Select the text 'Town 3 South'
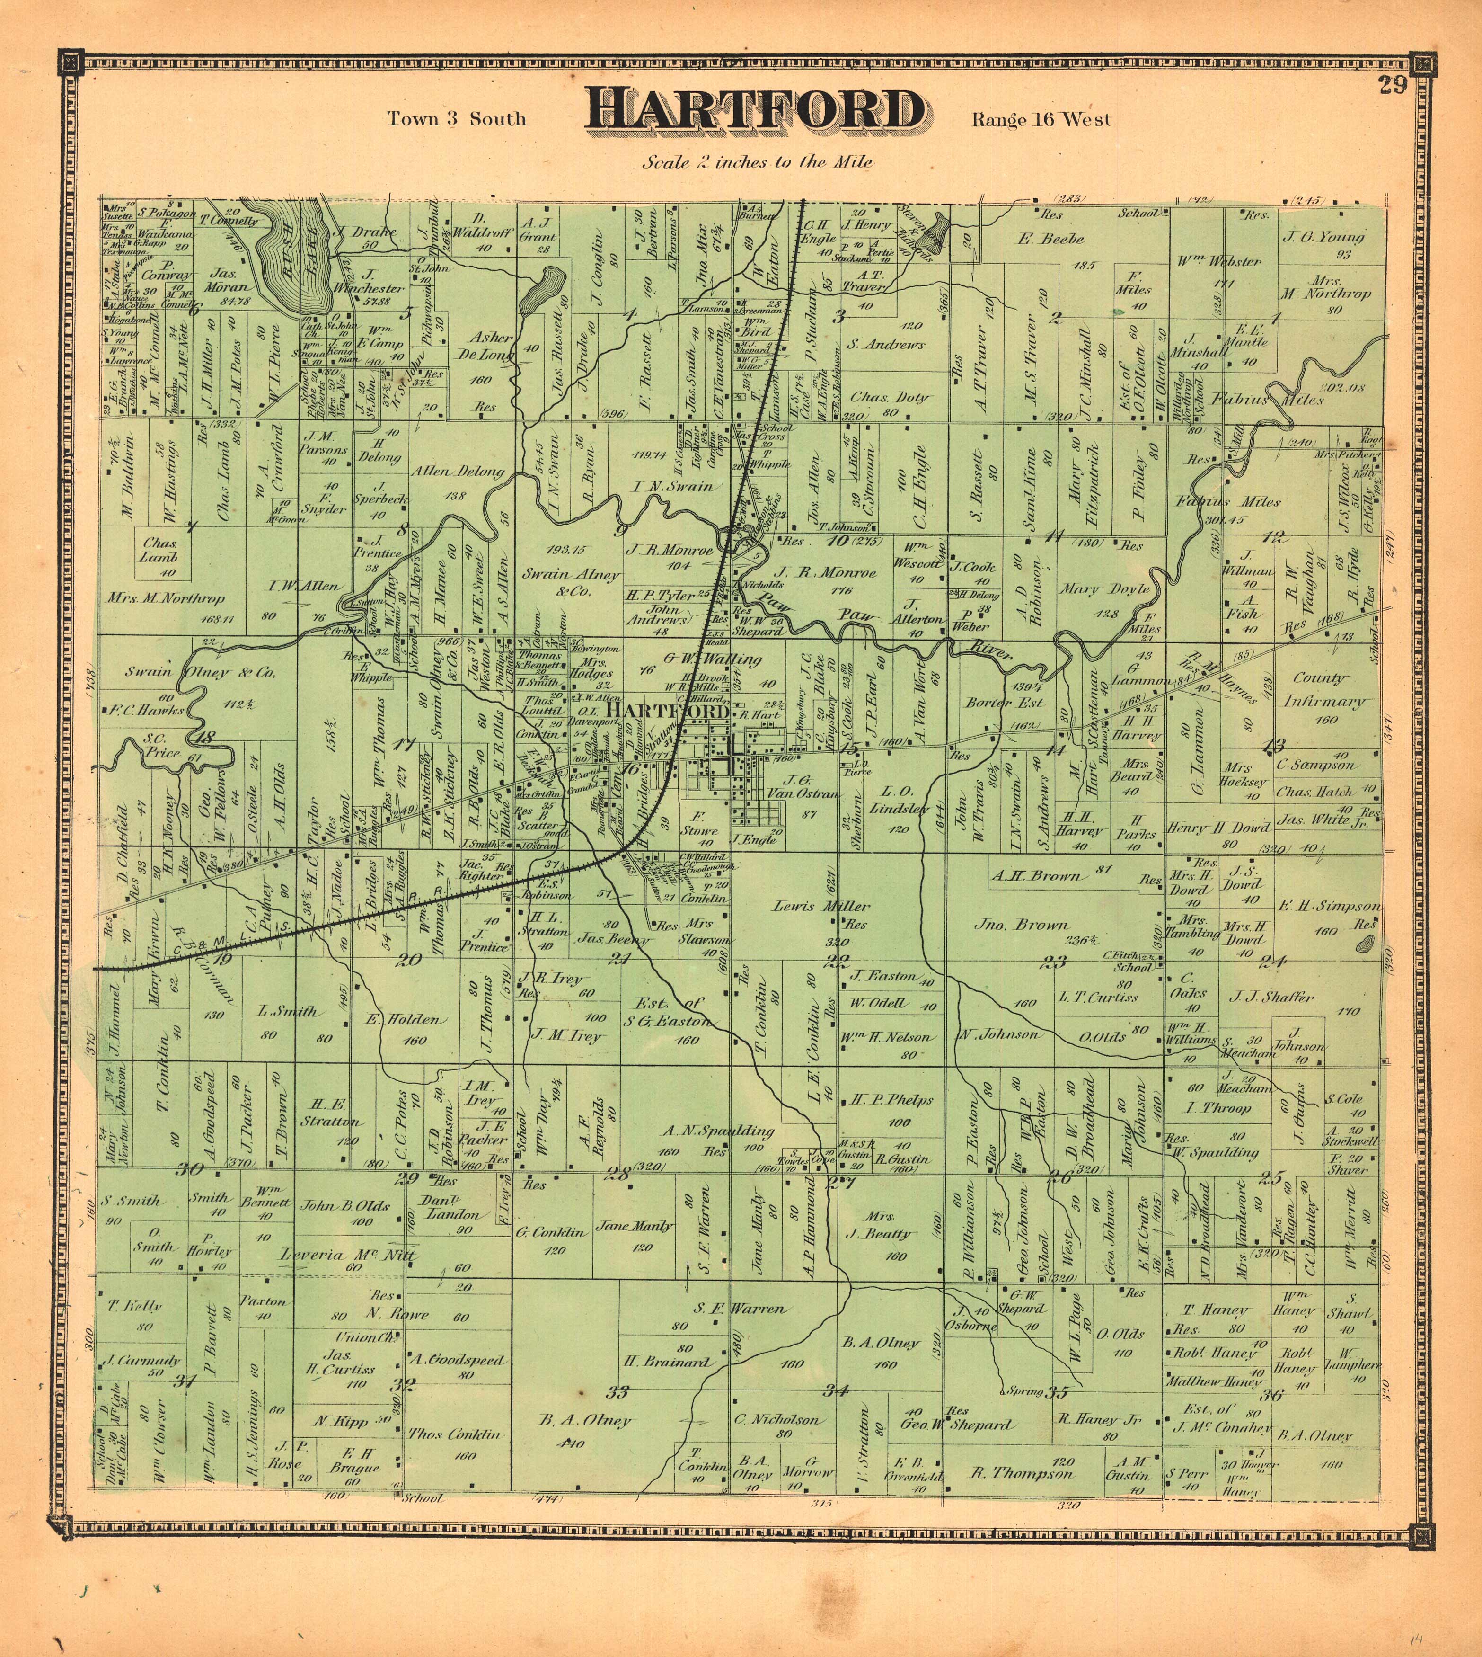pyautogui.click(x=456, y=119)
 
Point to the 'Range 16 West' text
pyautogui.click(x=1040, y=120)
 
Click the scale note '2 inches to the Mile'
pyautogui.click(x=757, y=162)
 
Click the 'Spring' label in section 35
pyautogui.click(x=1024, y=1390)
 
